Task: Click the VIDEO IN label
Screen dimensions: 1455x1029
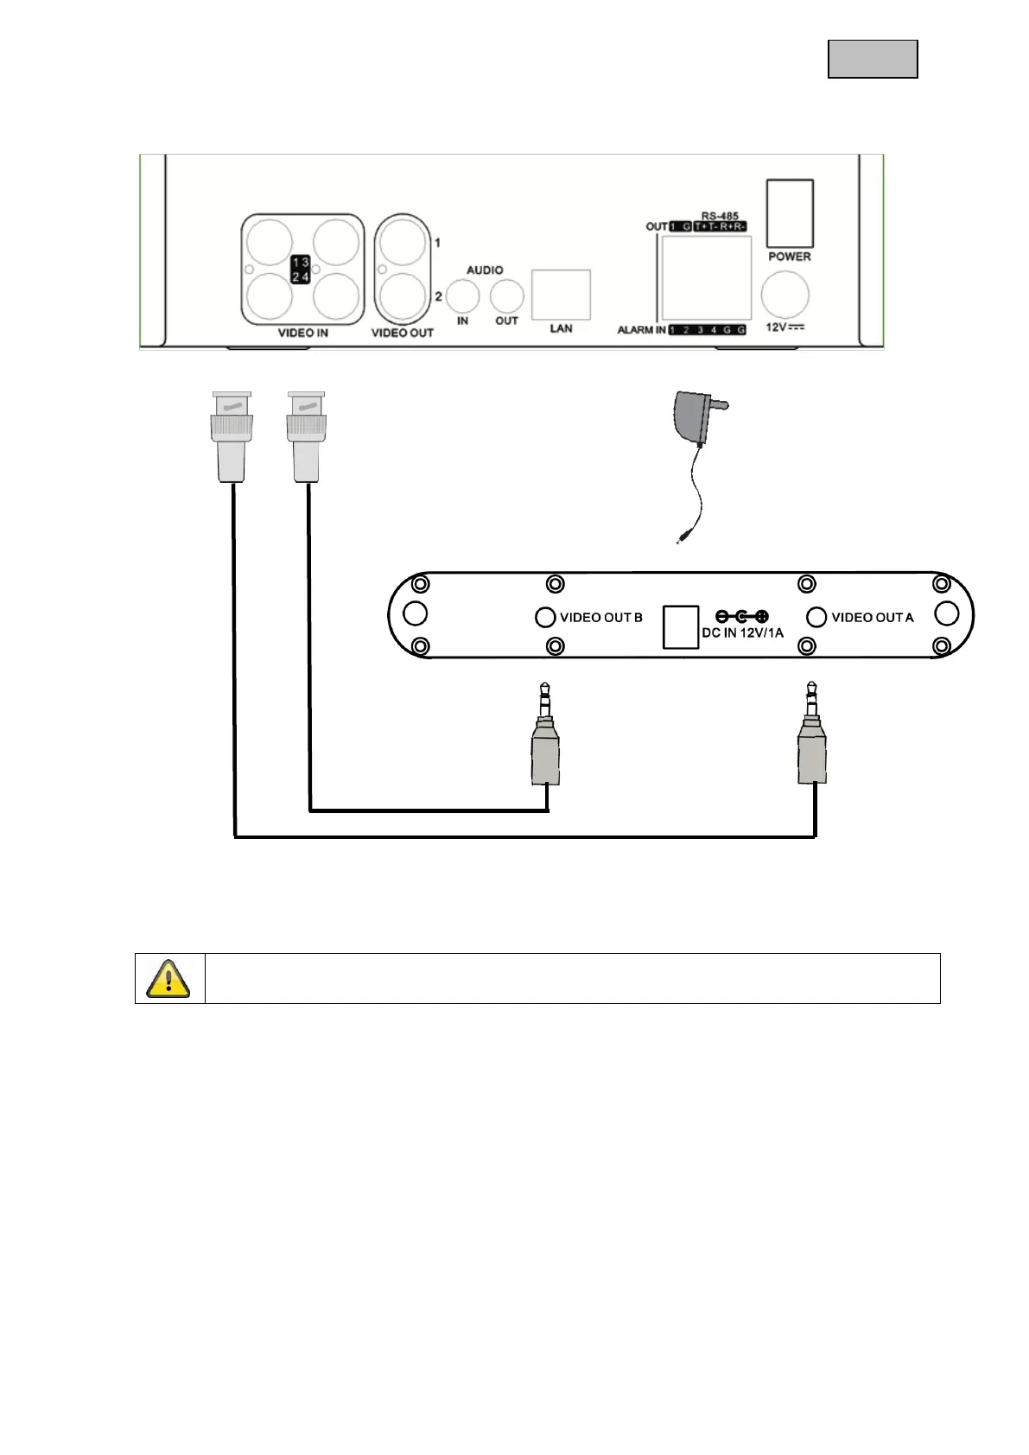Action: [x=302, y=333]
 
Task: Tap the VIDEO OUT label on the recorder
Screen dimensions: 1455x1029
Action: [x=403, y=333]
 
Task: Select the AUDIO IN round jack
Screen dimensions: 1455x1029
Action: [x=462, y=297]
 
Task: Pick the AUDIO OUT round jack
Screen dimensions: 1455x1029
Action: [x=506, y=297]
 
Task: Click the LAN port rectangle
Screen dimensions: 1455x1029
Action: [x=561, y=295]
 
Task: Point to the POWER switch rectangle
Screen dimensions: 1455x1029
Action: [x=790, y=213]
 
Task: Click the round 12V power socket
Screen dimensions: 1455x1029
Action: [x=785, y=296]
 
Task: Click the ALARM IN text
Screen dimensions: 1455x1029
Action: [x=641, y=330]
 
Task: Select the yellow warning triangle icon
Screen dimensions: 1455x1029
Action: [x=169, y=978]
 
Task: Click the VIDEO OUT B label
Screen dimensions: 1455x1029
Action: [x=601, y=618]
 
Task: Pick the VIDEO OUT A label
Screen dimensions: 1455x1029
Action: [x=872, y=618]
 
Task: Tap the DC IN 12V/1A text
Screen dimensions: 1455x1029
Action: [x=742, y=633]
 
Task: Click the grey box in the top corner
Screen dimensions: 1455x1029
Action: [x=873, y=59]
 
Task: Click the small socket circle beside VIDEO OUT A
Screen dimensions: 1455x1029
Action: [x=816, y=617]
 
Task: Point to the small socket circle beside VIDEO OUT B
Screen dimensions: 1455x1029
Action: [x=544, y=617]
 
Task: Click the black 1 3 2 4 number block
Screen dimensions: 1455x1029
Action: [x=301, y=269]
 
